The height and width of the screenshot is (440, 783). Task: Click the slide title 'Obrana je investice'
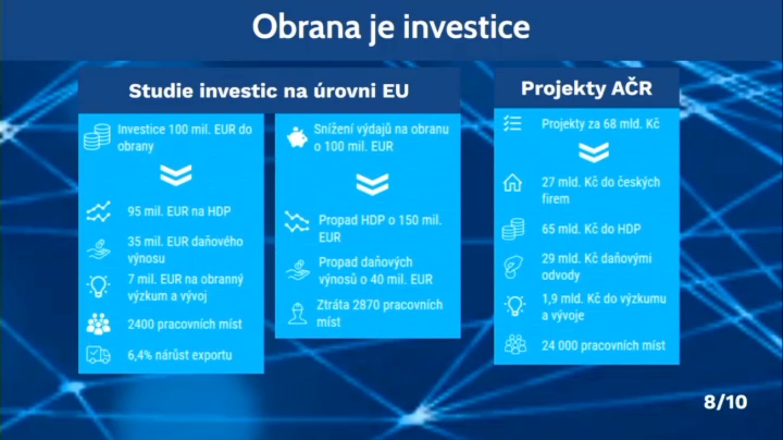[391, 27]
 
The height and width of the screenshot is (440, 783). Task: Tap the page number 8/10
[725, 402]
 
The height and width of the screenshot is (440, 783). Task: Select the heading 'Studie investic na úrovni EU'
[268, 91]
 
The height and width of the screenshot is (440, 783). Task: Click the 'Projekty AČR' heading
[586, 88]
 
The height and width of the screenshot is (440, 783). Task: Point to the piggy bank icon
[297, 137]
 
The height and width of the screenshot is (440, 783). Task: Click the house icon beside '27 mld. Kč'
[512, 183]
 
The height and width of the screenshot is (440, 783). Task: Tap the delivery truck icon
[98, 355]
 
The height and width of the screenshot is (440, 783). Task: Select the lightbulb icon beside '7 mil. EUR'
[98, 286]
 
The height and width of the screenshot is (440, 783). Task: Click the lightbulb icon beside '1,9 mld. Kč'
[515, 306]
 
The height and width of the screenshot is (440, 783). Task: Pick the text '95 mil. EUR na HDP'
[179, 211]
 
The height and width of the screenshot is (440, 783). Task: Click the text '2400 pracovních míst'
[185, 324]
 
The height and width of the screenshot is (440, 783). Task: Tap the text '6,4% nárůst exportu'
[179, 355]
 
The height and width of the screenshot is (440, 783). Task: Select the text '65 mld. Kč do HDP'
[591, 229]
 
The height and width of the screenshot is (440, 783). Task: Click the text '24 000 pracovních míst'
[604, 345]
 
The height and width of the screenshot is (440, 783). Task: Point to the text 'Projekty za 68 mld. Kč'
[601, 124]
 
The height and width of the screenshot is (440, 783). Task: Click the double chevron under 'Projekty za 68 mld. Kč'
[593, 152]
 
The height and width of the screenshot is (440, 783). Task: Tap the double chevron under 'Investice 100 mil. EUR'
[176, 175]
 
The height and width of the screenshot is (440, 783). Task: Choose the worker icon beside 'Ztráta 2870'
[297, 313]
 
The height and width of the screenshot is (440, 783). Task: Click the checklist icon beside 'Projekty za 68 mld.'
[512, 124]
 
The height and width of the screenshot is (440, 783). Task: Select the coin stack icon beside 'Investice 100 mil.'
[97, 137]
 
